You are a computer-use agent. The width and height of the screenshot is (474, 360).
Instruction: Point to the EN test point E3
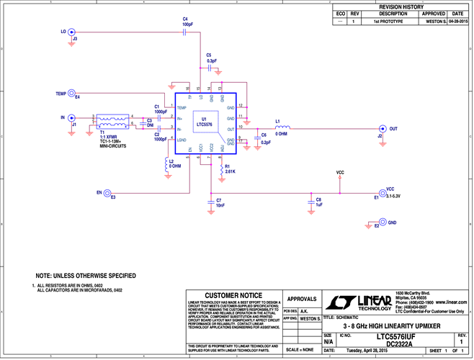[107, 193]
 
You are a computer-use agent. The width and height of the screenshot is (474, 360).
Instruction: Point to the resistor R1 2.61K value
[231, 171]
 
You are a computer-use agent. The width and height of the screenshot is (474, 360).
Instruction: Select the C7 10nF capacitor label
[220, 203]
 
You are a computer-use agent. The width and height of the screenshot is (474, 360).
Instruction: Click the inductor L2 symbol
[166, 165]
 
